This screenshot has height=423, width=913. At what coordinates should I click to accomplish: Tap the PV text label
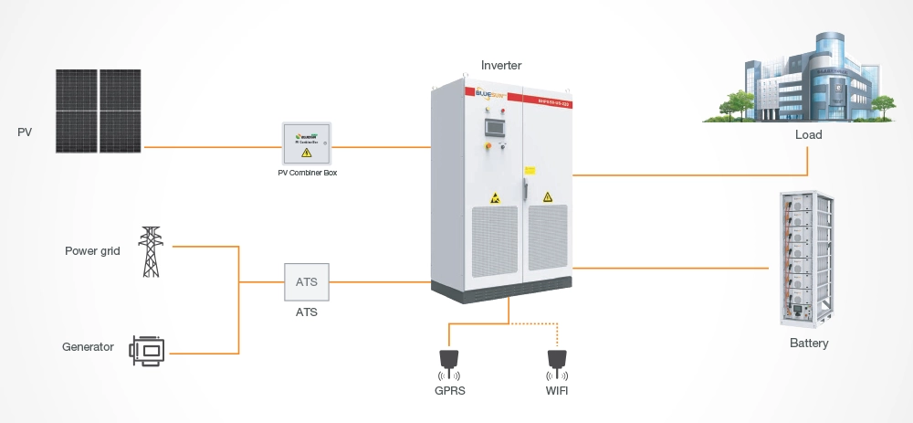(x=25, y=132)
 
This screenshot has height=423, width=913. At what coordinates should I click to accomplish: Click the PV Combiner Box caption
(x=307, y=174)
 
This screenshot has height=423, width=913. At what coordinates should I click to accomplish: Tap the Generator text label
(x=88, y=347)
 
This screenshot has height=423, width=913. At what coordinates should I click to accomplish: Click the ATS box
(x=307, y=282)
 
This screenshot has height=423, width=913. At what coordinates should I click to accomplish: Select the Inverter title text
(x=502, y=65)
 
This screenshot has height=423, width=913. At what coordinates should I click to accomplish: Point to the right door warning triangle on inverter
(x=547, y=196)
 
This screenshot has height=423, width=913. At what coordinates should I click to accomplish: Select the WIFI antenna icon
(x=555, y=363)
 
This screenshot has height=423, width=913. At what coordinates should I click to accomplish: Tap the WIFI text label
(x=555, y=392)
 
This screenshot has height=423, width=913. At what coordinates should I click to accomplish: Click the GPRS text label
(x=448, y=392)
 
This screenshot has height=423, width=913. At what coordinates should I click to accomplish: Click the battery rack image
(x=808, y=260)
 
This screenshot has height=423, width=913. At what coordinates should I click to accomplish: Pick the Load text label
(x=808, y=134)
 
